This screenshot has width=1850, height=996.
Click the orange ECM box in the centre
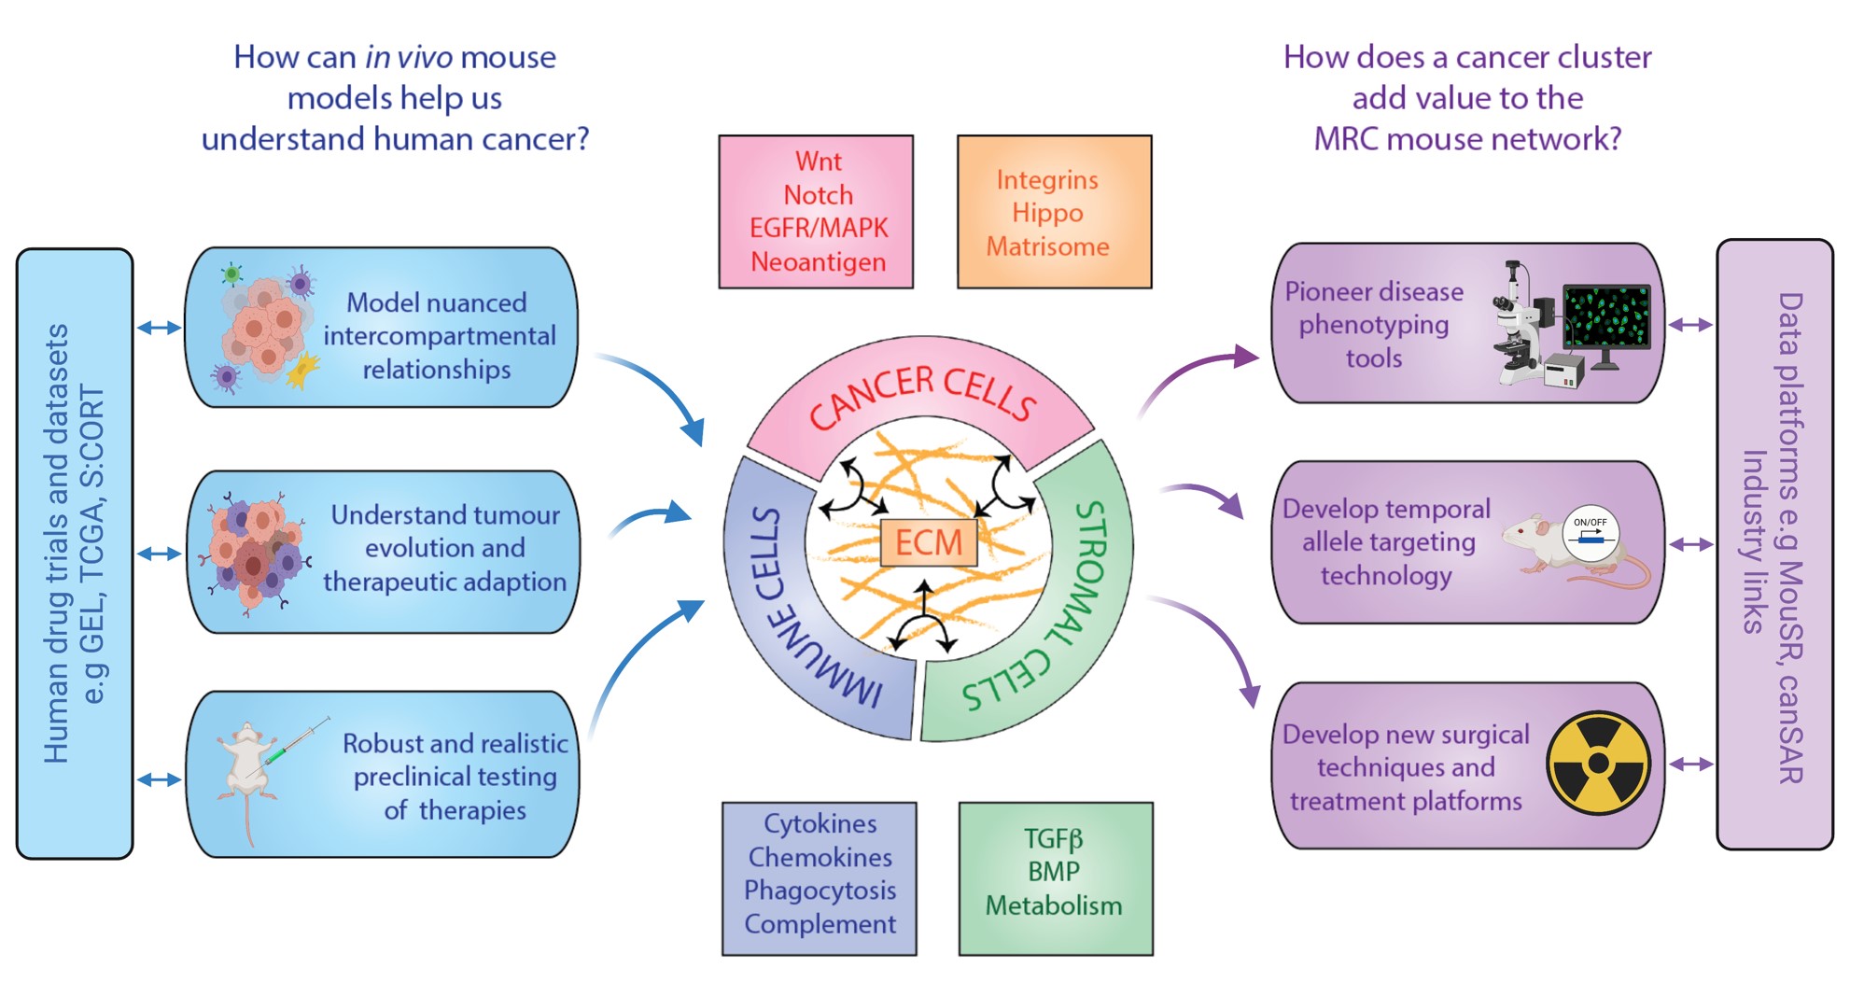click(929, 542)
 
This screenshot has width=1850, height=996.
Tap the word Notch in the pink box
click(818, 195)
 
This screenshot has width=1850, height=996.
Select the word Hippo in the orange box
click(1047, 213)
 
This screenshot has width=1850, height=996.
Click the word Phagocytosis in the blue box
click(820, 891)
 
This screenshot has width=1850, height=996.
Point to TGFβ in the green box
click(1053, 838)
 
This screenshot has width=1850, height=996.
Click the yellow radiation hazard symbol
click(1597, 764)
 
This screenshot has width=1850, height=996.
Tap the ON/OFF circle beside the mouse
click(1590, 535)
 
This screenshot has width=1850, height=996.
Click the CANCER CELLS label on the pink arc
click(921, 397)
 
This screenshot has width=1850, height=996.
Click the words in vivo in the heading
click(408, 58)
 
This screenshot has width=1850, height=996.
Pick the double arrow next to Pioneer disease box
click(1690, 325)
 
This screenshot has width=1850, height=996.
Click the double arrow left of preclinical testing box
click(159, 779)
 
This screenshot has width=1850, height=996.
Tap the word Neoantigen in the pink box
click(818, 262)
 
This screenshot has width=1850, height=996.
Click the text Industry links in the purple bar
click(1755, 541)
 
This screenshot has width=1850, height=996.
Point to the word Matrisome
click(1047, 246)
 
